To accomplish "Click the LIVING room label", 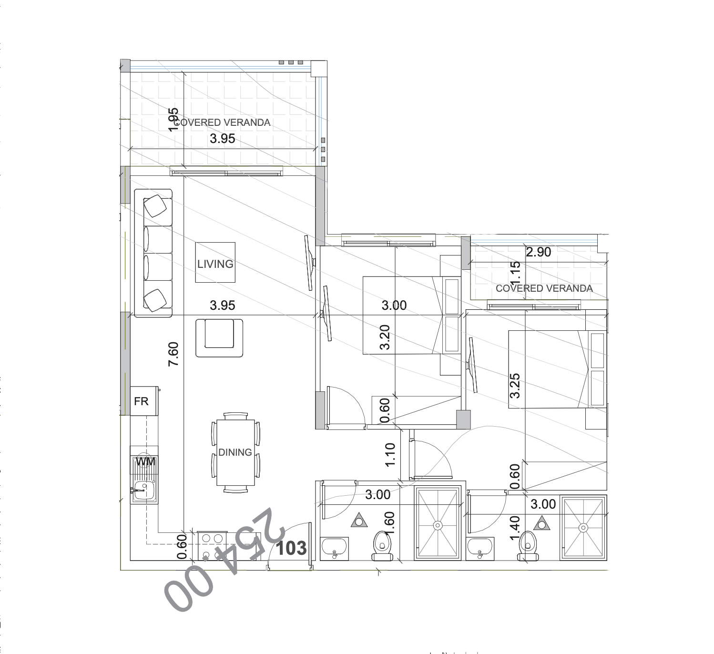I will pos(215,264).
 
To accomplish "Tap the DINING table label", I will pos(235,452).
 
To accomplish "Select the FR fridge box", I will pos(142,401).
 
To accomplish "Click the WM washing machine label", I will pos(145,462).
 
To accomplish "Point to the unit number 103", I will pos(291,548).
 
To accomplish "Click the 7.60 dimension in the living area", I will pos(173,354).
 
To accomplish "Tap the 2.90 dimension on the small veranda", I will pos(538,252).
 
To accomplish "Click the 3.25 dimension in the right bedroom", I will pos(515,385).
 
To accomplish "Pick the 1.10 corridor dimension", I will pos(390,455).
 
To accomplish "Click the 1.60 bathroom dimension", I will pos(389,524).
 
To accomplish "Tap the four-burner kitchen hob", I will pos(212,544).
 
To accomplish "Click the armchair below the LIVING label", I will pos(219,337).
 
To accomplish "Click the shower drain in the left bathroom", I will pos(438,525).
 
